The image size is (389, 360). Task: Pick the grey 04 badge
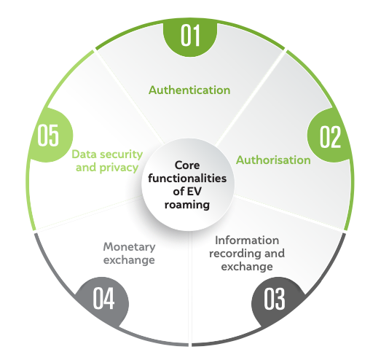pyautogui.click(x=102, y=300)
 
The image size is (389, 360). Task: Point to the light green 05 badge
pyautogui.click(x=50, y=136)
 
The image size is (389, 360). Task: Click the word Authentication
pyautogui.click(x=189, y=90)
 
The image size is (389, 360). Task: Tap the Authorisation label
pyautogui.click(x=273, y=160)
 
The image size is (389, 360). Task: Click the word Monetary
pyautogui.click(x=129, y=247)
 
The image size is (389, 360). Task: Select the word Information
pyautogui.click(x=247, y=240)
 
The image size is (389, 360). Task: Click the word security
pyautogui.click(x=121, y=154)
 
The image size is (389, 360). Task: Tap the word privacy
pyautogui.click(x=119, y=168)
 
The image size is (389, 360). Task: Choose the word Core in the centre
pyautogui.click(x=187, y=165)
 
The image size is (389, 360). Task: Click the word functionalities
pyautogui.click(x=187, y=179)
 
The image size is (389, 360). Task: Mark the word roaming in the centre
pyautogui.click(x=187, y=205)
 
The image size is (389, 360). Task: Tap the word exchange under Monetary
pyautogui.click(x=129, y=260)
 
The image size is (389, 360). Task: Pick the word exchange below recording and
pyautogui.click(x=247, y=267)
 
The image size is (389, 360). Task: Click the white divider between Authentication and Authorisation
pyautogui.click(x=251, y=98)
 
